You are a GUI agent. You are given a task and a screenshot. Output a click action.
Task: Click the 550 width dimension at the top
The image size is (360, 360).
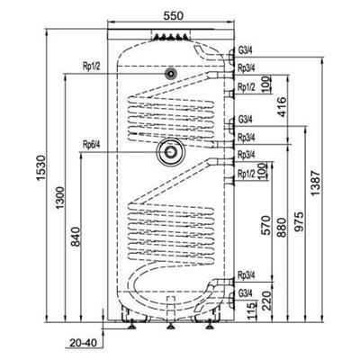[x=173, y=15]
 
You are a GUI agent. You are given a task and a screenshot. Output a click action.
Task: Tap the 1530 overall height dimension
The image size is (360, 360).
[x=40, y=167]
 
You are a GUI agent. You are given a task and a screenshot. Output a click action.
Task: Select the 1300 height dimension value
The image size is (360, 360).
[x=60, y=198]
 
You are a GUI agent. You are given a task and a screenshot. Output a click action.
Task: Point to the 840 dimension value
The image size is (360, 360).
[x=76, y=237]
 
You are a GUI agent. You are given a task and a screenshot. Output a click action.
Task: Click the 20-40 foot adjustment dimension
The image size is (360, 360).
[x=83, y=343]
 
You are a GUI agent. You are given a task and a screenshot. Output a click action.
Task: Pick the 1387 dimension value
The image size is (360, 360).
[x=316, y=183]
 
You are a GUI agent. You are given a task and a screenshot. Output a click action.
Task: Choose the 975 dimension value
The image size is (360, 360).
[x=299, y=222]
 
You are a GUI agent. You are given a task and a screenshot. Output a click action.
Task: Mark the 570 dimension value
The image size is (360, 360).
[x=265, y=226]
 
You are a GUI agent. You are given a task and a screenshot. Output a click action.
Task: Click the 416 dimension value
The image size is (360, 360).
[x=282, y=107]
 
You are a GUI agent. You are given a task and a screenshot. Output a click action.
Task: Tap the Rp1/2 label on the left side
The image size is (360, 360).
[x=92, y=67]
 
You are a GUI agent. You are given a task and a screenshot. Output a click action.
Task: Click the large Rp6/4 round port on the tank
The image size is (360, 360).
[x=171, y=152]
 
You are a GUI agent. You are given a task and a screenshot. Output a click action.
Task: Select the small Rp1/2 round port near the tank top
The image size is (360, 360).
[x=171, y=73]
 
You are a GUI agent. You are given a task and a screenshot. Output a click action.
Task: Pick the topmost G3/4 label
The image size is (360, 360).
[x=246, y=50]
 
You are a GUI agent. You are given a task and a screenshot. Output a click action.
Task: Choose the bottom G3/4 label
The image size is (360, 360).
[x=246, y=293]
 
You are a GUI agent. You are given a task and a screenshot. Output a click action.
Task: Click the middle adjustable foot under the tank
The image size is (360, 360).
[x=170, y=326]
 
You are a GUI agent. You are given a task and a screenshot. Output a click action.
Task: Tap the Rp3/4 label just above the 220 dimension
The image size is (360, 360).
[x=247, y=275]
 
